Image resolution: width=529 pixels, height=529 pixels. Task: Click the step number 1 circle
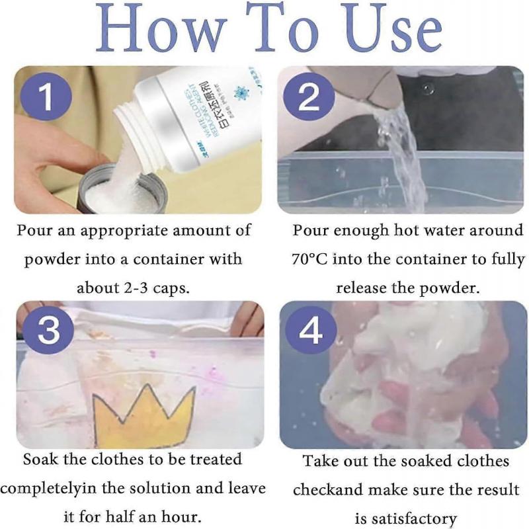[46, 97]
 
